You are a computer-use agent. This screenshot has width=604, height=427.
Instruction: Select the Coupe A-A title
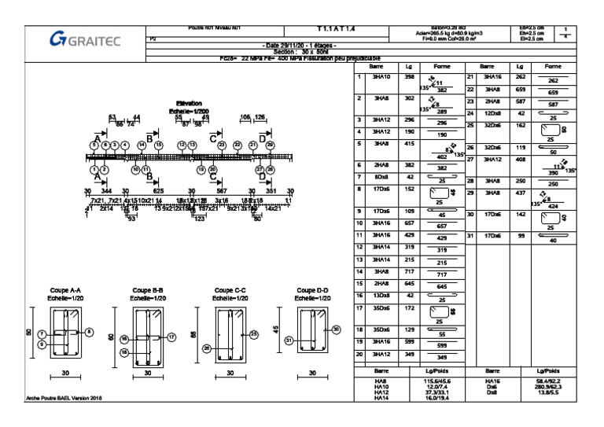pos(68,290)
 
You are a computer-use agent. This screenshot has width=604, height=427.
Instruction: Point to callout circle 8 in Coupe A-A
pos(89,331)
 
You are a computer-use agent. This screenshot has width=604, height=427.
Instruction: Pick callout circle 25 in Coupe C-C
pos(254,334)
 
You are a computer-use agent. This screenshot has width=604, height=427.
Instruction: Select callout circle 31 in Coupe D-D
pos(289,340)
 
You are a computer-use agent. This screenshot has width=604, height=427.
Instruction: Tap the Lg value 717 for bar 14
pos(408,271)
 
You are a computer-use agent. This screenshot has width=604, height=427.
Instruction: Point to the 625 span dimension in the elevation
pos(158,191)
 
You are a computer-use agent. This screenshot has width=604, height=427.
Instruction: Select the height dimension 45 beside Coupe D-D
pos(276,329)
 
